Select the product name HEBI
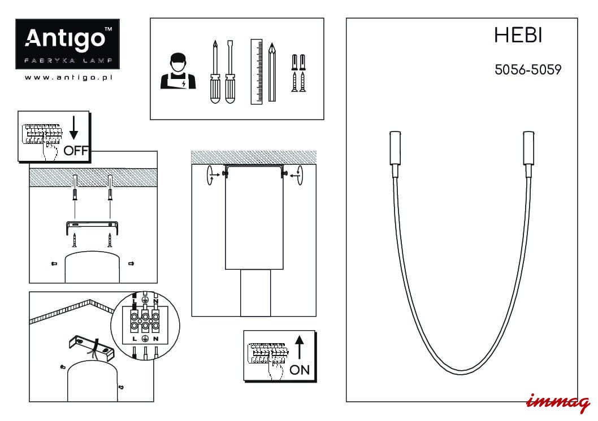[518, 36]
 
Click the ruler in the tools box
[257, 71]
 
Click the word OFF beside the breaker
[76, 150]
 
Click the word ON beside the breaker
[300, 370]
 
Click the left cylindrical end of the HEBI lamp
[395, 147]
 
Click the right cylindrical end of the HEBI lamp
[528, 147]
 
